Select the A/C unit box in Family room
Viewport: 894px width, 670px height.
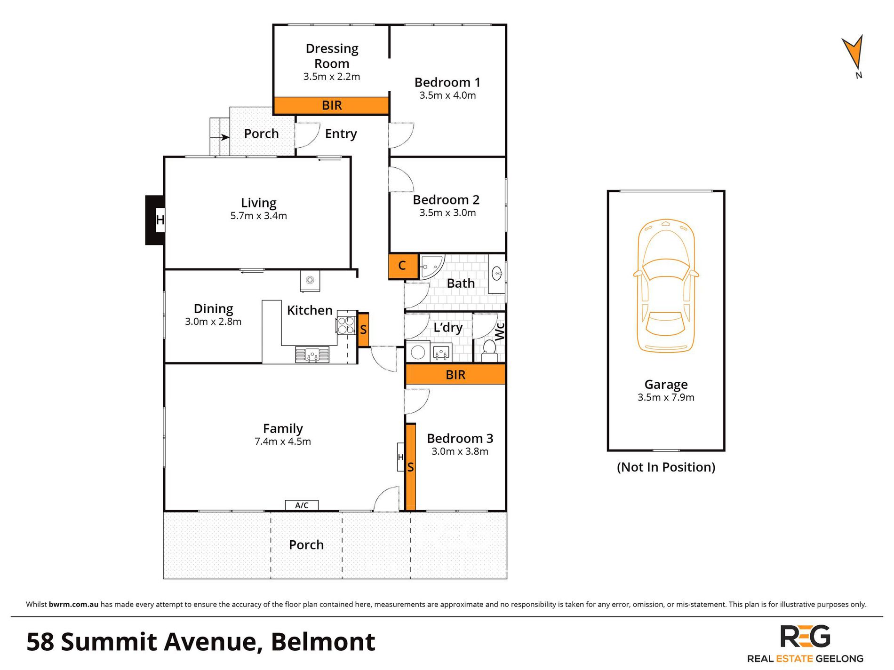(x=302, y=505)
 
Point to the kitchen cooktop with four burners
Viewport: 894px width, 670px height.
(x=346, y=325)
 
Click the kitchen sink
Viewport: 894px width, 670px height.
(x=312, y=354)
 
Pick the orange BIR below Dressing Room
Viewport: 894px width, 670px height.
(x=331, y=105)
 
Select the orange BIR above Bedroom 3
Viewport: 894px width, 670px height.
(x=455, y=375)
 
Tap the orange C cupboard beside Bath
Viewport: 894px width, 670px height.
(x=403, y=266)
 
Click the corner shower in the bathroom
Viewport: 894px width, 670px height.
(x=430, y=267)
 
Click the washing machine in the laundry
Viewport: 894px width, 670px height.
(x=417, y=352)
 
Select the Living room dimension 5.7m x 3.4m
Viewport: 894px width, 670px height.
(x=258, y=216)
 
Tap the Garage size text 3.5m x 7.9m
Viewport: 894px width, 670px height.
(x=666, y=397)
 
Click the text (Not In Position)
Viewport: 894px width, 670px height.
(x=666, y=467)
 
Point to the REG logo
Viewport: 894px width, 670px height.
(x=805, y=637)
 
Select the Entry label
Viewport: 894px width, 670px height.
(x=341, y=134)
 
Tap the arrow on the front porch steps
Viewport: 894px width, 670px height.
(x=224, y=137)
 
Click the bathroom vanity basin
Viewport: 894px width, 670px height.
(x=497, y=273)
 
